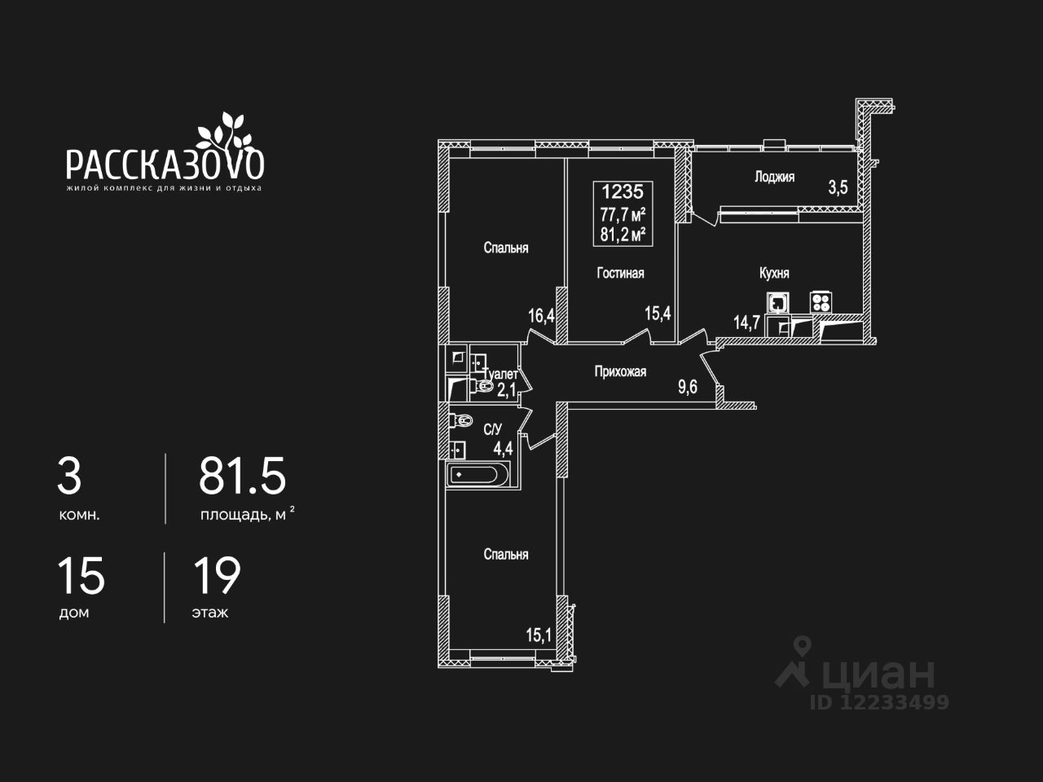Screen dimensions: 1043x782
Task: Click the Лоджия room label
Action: coord(774,177)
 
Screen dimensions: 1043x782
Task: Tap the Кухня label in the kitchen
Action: coord(773,273)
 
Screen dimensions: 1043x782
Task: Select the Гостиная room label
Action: coord(620,273)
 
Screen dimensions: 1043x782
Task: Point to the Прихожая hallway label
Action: coord(620,371)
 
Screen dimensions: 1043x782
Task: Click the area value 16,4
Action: coord(541,315)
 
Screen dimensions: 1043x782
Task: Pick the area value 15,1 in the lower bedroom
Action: coord(538,635)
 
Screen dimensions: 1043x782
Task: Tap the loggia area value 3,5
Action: coord(838,187)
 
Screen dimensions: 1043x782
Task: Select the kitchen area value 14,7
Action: coord(746,322)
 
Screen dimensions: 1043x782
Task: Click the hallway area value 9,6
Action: coord(688,387)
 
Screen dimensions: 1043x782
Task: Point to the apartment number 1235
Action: coord(623,192)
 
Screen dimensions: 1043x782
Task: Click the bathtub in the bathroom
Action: coord(477,474)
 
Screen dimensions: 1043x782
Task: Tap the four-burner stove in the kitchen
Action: coord(820,302)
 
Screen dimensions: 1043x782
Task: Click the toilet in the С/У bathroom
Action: coord(462,421)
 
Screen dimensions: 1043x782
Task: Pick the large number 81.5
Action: coord(243,477)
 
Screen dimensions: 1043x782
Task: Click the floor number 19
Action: coord(217,576)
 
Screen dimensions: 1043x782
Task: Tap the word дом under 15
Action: coord(74,613)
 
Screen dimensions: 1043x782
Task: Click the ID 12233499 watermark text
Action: coord(879,701)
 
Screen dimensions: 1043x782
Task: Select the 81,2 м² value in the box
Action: coord(623,235)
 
